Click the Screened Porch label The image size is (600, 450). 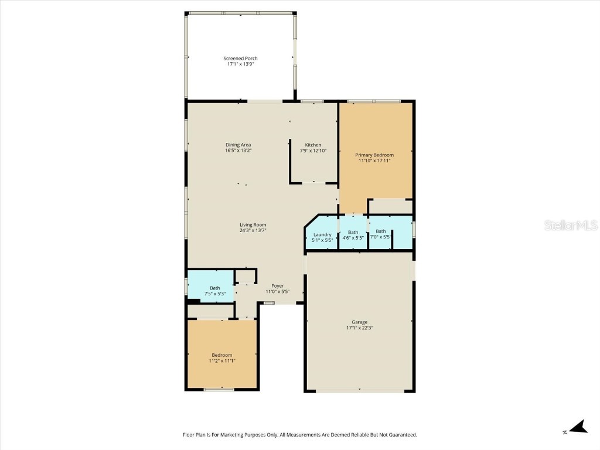click(x=240, y=59)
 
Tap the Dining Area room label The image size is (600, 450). click(x=238, y=145)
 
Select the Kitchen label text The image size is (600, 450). click(x=313, y=145)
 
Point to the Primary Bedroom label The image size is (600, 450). click(x=374, y=155)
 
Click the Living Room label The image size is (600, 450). click(x=253, y=224)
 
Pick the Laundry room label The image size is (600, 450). click(x=322, y=234)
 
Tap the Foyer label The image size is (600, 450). click(x=277, y=286)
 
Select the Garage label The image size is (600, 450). click(x=359, y=322)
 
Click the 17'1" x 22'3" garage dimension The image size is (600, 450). click(x=359, y=328)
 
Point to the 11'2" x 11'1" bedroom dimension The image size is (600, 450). click(x=221, y=361)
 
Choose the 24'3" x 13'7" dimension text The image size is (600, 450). click(x=253, y=230)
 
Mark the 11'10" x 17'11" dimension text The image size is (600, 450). click(x=374, y=161)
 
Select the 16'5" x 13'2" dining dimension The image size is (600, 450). click(x=238, y=151)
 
